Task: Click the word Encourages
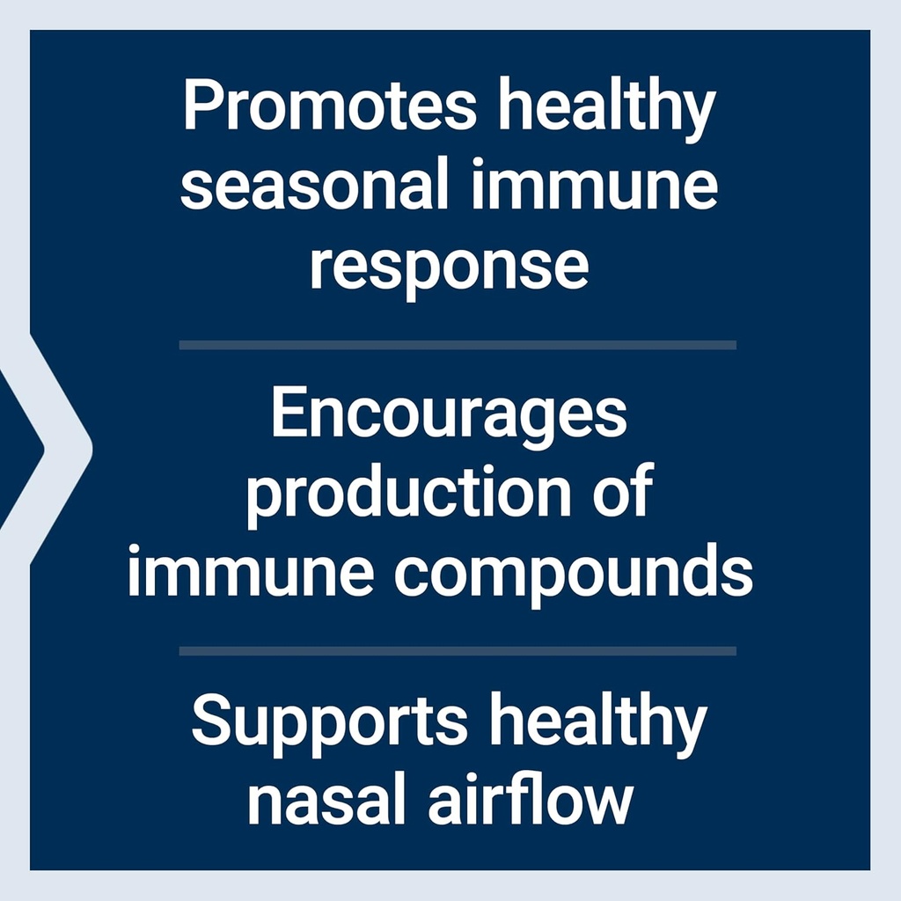(x=449, y=415)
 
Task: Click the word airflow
(x=530, y=800)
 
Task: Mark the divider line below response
(x=458, y=344)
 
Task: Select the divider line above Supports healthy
(x=458, y=650)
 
